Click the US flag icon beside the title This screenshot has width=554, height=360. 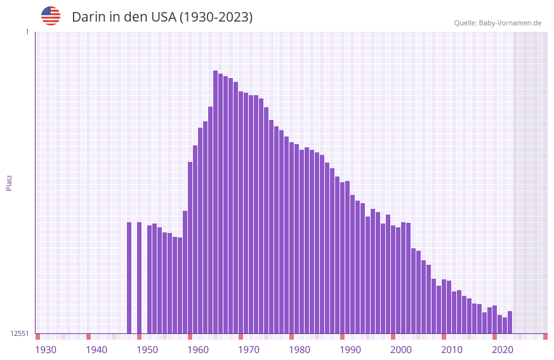(x=51, y=16)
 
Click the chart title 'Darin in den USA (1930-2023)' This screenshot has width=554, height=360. (x=162, y=17)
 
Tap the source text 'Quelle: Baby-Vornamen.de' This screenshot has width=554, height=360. (x=498, y=23)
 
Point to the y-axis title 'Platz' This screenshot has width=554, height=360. (x=9, y=182)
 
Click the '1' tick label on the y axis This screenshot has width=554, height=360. (x=27, y=32)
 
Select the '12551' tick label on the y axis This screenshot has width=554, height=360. (x=20, y=333)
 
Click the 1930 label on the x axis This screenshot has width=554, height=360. (x=46, y=350)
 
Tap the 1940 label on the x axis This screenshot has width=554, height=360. (x=96, y=350)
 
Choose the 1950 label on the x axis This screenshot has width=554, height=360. (x=147, y=350)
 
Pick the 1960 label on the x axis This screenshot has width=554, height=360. (x=198, y=350)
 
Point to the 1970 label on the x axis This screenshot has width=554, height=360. (x=249, y=350)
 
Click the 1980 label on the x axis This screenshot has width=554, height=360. (x=300, y=350)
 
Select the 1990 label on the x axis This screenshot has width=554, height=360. (x=350, y=350)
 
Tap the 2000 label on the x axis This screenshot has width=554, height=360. (x=401, y=350)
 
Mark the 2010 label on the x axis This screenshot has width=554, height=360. (x=452, y=350)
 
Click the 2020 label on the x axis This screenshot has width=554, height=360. (x=503, y=350)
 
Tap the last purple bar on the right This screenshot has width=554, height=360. (x=510, y=322)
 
